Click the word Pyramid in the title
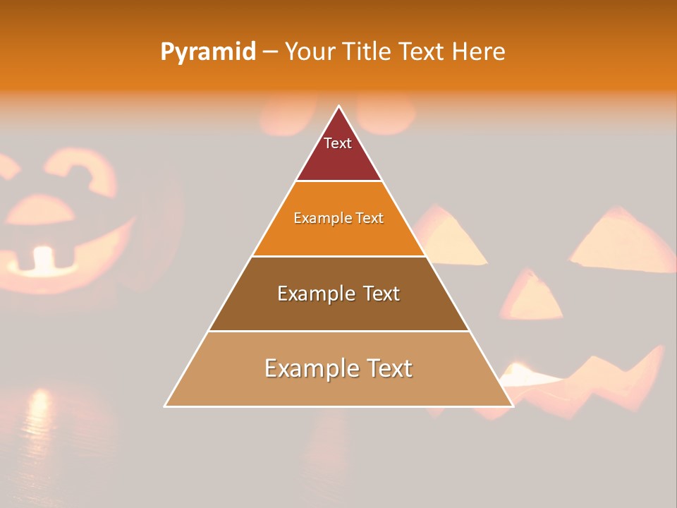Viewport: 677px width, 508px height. [208, 52]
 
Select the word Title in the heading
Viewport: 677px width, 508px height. [369, 52]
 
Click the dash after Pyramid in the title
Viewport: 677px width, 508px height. [270, 52]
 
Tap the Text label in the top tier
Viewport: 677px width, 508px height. [338, 143]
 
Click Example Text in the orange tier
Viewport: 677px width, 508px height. [338, 218]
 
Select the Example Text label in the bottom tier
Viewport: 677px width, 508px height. [338, 368]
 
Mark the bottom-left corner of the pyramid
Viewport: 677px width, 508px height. [166, 406]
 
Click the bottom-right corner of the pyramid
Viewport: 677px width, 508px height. [512, 406]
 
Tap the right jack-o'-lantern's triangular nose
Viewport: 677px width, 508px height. [532, 296]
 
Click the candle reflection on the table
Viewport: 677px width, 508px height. [39, 416]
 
